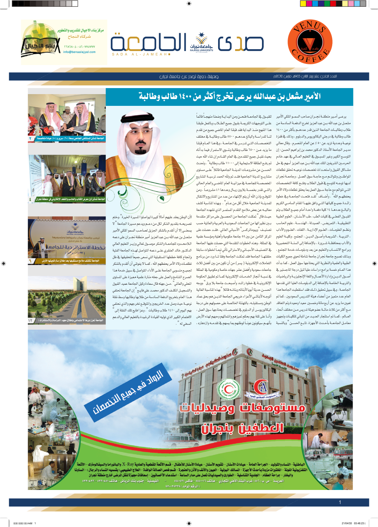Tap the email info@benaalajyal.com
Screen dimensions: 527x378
click(x=79, y=52)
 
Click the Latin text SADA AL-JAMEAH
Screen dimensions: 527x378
click(x=140, y=54)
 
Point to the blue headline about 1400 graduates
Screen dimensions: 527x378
click(x=229, y=97)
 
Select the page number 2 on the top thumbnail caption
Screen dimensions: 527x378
click(x=30, y=138)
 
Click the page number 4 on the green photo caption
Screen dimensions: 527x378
click(x=30, y=199)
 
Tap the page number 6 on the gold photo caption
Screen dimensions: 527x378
click(x=30, y=261)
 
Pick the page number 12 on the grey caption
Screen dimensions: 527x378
click(x=31, y=320)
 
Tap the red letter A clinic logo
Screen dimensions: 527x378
click(x=260, y=387)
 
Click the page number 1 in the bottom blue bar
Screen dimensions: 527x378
click(x=340, y=502)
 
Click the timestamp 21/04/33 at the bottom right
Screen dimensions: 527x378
click(x=347, y=523)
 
